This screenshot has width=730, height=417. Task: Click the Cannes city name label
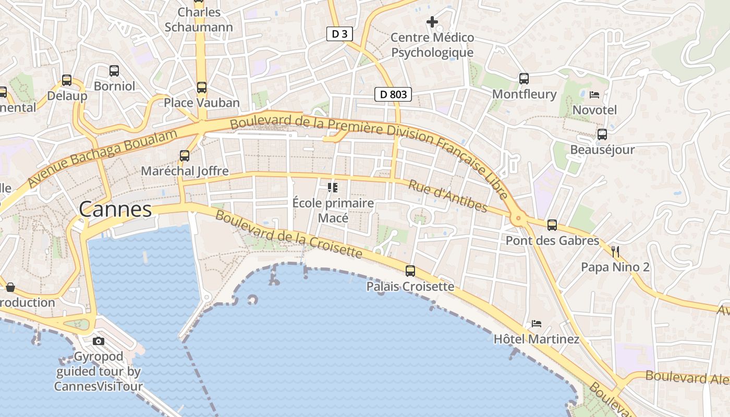115,210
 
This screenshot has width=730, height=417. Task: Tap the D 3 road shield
339,34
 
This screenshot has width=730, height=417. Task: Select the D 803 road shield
393,94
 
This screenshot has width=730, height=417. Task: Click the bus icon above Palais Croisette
410,271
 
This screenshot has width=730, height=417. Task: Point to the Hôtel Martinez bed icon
537,324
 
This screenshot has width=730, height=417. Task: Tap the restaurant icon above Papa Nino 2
615,252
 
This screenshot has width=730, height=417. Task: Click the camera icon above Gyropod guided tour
99,341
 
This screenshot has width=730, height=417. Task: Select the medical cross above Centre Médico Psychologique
432,22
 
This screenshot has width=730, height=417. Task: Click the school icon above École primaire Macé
333,187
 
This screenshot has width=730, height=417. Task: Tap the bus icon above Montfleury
524,79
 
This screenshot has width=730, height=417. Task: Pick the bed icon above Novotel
594,95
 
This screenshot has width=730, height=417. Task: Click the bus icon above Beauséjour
602,134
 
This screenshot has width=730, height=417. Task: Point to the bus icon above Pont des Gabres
552,225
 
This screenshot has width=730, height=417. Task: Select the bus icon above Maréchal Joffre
185,155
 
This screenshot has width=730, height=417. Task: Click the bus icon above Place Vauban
202,87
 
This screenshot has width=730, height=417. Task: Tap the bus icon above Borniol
114,71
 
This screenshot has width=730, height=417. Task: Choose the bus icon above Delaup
67,80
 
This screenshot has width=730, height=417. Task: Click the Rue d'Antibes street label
448,197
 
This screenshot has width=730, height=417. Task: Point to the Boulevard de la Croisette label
288,234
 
